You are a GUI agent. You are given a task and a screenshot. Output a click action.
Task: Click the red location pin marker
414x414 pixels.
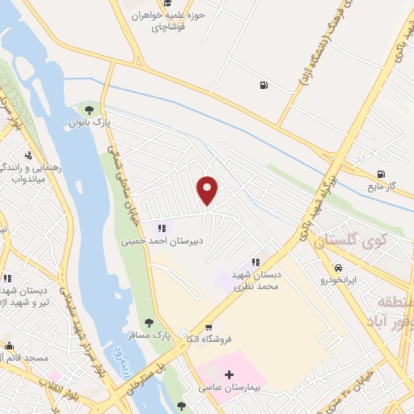click(208, 190)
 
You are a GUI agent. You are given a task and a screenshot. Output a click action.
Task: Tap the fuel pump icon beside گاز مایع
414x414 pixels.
click(380, 174)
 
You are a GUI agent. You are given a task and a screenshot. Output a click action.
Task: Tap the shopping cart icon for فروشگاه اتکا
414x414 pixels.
click(209, 327)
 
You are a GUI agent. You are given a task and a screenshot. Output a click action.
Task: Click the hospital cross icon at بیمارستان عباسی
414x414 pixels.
click(229, 374)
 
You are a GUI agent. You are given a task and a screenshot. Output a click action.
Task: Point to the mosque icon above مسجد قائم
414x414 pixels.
click(10, 344)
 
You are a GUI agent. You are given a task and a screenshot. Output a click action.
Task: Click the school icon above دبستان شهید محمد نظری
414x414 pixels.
click(256, 262)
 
